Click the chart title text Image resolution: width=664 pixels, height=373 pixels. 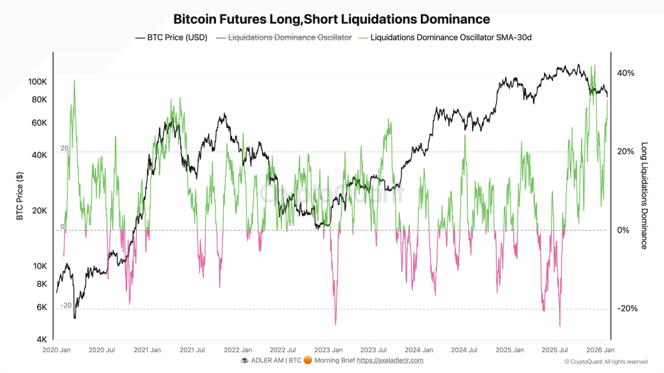tap(331, 19)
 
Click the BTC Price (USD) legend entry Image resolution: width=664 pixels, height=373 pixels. tap(171, 38)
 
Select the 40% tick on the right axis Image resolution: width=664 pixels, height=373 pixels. tap(626, 73)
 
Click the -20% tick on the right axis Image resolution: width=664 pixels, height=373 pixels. tap(626, 309)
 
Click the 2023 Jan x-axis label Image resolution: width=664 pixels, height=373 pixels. tap(327, 350)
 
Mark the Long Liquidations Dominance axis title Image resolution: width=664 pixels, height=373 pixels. tap(644, 196)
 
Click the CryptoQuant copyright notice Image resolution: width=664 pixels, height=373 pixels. tap(606, 362)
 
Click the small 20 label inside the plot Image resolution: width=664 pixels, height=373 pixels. tap(64, 148)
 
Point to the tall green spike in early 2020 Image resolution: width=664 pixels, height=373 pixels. tap(75, 81)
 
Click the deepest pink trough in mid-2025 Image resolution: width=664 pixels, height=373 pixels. tap(560, 326)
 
